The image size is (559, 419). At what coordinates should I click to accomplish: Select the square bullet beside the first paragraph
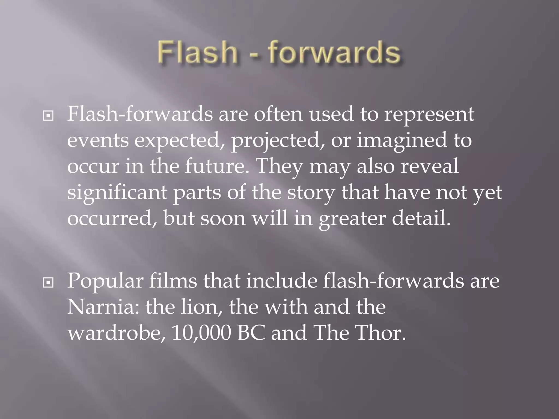[x=48, y=116]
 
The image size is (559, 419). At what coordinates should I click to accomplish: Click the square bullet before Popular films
[x=48, y=283]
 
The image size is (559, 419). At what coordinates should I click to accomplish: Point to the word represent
[x=429, y=115]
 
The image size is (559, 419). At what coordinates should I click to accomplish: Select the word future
[x=217, y=166]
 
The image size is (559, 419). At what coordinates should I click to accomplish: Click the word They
[x=279, y=166]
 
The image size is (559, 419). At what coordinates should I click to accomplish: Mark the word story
[x=311, y=193]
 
